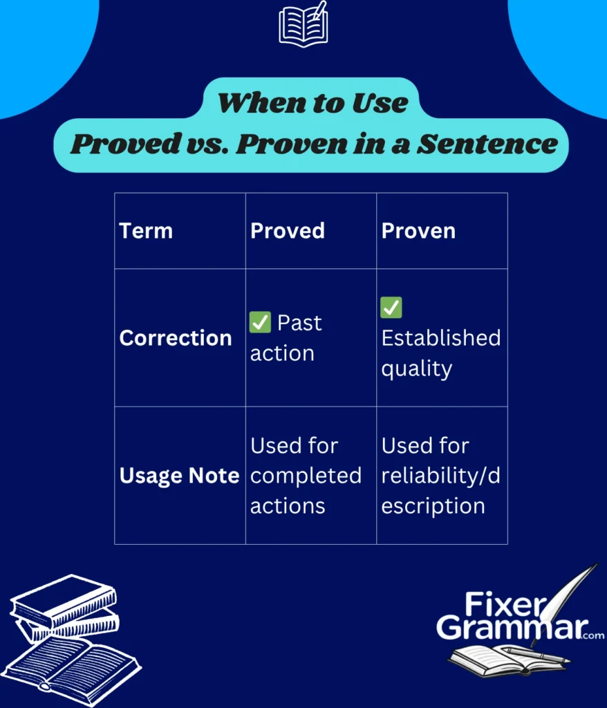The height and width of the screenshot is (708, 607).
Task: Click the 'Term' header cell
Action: [145, 231]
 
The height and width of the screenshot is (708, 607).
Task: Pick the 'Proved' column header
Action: [287, 231]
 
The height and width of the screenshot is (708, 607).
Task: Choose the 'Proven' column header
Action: [418, 231]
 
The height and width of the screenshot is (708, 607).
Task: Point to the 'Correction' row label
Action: [176, 338]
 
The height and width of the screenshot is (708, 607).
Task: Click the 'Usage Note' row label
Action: [179, 476]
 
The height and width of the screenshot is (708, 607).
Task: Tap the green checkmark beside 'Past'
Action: [260, 323]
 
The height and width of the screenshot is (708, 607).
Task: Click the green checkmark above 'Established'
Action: [391, 308]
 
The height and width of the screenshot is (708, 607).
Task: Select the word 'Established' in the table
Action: [440, 338]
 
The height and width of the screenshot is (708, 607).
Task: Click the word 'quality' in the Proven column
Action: [416, 369]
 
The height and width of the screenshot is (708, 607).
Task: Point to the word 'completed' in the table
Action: [306, 476]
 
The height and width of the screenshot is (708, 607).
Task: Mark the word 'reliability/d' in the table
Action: [439, 476]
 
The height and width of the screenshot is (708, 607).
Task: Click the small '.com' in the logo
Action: [593, 635]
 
